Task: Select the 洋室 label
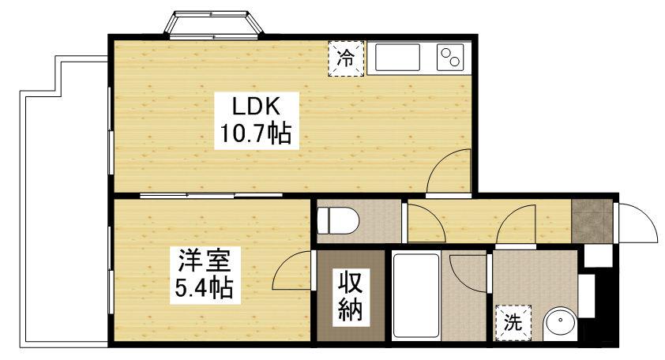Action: (203, 260)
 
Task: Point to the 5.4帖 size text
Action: (203, 289)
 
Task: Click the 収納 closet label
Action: (351, 296)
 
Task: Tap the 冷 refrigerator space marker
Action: (347, 58)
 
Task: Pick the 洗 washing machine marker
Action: (513, 322)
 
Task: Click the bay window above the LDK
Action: (212, 24)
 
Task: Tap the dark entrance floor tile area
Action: (590, 222)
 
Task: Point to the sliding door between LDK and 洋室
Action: (212, 194)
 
